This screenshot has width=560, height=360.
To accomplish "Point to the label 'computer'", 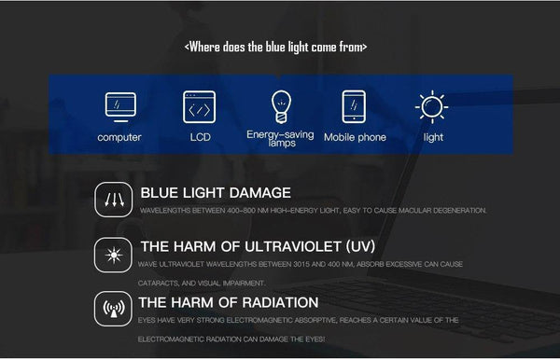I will coord(120,137).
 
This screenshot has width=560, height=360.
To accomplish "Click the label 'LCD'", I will coord(201,137).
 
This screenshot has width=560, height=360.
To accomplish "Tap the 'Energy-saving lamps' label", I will coord(280,139).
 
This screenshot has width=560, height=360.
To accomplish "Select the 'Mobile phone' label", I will coord(355,137).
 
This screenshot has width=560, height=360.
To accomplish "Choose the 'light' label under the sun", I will coord(433,137).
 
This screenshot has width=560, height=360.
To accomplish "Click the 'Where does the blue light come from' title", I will coord(276,46).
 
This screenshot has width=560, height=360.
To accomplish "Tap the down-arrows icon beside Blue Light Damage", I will coord(114,200).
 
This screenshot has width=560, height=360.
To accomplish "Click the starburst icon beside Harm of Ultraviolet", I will coord(114,254).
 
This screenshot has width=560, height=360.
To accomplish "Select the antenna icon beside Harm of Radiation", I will coord(114,309).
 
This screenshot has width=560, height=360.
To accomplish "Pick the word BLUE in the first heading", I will coord(161,193).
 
